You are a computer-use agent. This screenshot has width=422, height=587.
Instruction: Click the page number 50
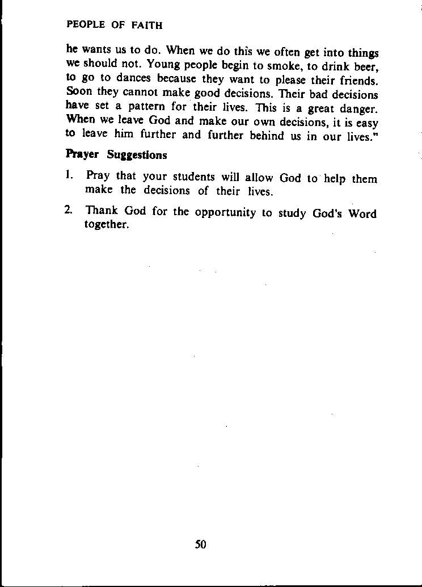(201, 544)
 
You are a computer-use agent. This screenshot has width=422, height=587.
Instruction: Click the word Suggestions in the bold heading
(137, 155)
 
